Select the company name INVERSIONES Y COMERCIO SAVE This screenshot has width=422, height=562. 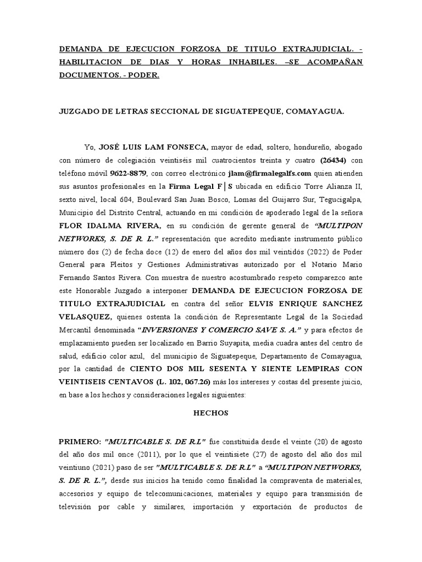pos(219,330)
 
